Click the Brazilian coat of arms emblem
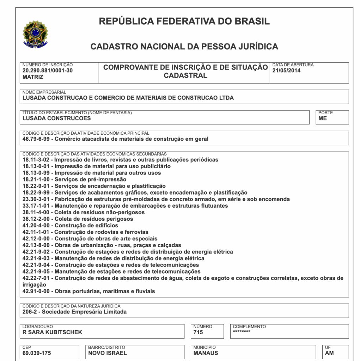click(x=35, y=34)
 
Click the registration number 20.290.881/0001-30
click(x=47, y=70)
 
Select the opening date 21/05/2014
click(x=286, y=70)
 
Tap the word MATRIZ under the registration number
click(x=33, y=77)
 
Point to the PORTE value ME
click(x=322, y=118)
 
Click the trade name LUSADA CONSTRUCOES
click(x=56, y=118)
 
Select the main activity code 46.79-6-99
click(x=37, y=139)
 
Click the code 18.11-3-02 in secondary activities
click(x=37, y=160)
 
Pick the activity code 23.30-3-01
click(x=37, y=199)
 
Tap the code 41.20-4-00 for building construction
click(x=37, y=225)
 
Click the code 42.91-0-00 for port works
click(x=37, y=291)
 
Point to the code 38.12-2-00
click(x=37, y=219)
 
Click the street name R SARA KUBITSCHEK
click(x=52, y=332)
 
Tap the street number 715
click(x=198, y=332)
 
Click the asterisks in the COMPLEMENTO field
click(x=242, y=331)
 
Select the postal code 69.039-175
click(x=37, y=353)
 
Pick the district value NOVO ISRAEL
click(x=107, y=353)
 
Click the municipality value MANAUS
click(x=206, y=353)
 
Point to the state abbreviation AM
click(x=329, y=353)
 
